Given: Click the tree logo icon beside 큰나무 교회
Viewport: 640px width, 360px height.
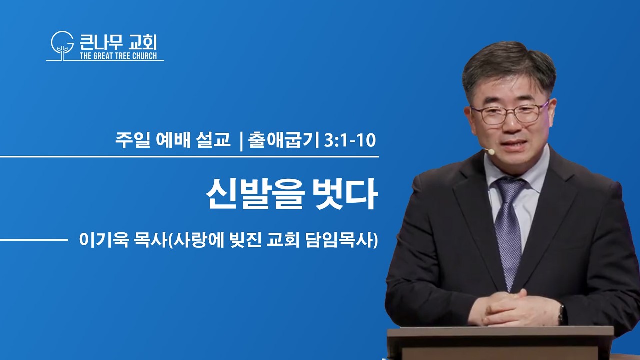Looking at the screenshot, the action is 62,45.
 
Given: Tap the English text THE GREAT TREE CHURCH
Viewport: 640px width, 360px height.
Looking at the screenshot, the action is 118,56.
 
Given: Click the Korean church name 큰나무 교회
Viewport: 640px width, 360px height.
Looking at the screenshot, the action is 118,42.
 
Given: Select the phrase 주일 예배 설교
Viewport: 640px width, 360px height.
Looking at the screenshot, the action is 173,140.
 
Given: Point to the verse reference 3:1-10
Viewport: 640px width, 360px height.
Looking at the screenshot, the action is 350,140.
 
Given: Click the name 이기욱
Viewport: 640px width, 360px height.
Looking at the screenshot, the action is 104,240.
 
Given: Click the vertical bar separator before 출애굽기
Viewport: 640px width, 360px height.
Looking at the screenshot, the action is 241,141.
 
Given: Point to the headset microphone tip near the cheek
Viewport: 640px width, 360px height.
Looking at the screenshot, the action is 491,151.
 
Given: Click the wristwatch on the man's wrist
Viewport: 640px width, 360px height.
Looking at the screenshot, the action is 562,314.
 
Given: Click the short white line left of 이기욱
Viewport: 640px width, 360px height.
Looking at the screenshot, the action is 34,240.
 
